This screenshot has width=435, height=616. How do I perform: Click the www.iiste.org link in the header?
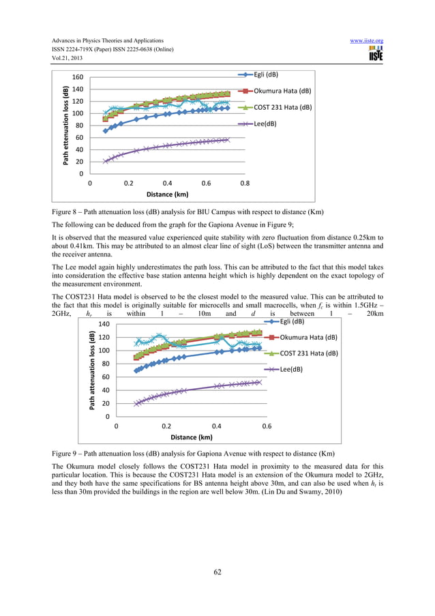click(366, 41)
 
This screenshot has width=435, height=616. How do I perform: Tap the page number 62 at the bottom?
click(217, 572)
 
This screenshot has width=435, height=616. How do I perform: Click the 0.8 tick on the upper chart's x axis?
click(245, 184)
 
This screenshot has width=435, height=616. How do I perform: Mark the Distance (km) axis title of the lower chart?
click(191, 437)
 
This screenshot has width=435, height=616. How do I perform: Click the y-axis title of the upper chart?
click(65, 125)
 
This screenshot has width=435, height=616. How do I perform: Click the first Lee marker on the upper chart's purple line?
click(106, 161)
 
